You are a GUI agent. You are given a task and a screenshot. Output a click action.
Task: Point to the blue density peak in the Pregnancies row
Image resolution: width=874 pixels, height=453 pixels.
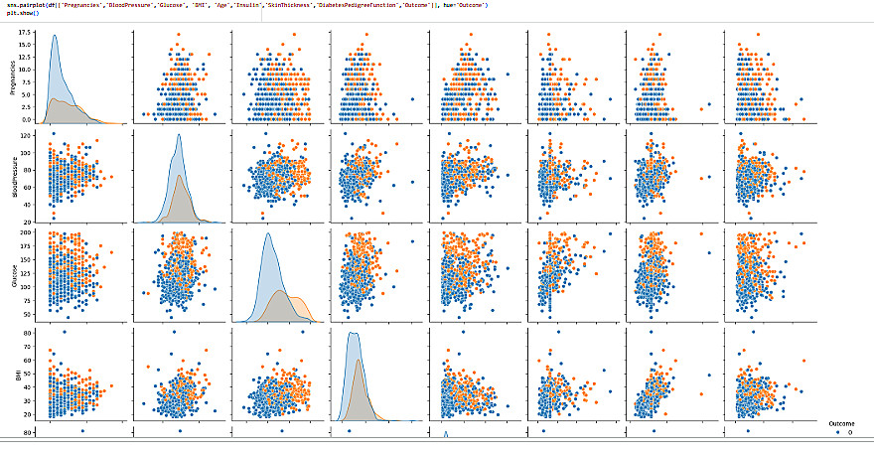(x=55, y=37)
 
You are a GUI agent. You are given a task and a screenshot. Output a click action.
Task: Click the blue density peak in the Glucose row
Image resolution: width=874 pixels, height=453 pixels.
(x=267, y=234)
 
